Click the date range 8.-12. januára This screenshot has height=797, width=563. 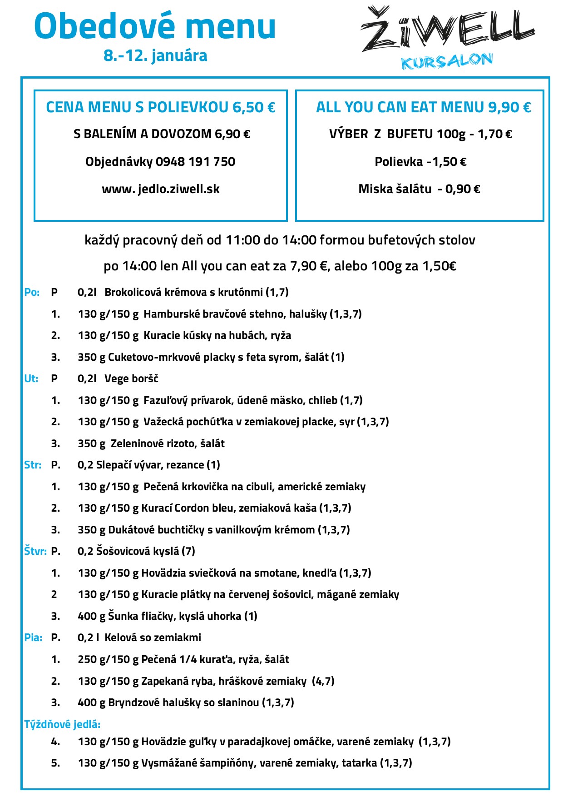[x=155, y=55]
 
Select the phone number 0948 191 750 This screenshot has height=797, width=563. [x=195, y=162]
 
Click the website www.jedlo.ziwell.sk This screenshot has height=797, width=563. [x=161, y=189]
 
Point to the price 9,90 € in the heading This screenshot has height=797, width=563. [x=509, y=107]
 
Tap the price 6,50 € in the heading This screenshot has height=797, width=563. [x=254, y=107]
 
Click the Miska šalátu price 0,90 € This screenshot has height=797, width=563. [x=463, y=189]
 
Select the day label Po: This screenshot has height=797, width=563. [x=32, y=292]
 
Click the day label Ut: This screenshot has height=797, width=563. [x=31, y=379]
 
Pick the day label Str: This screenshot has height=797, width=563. [x=33, y=465]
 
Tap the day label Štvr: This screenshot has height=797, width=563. [x=35, y=551]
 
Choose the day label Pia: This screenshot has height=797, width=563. [x=33, y=638]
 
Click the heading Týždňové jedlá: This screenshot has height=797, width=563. [x=62, y=724]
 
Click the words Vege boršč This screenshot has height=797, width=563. [x=131, y=379]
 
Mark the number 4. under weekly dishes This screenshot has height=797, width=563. [x=55, y=742]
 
